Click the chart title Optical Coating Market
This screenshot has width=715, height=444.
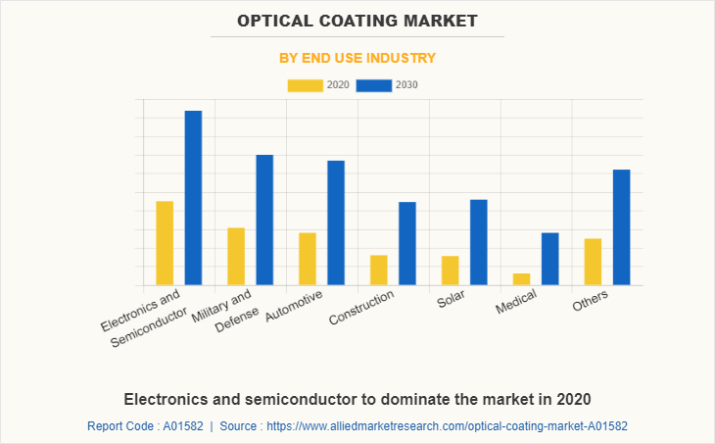click(x=357, y=20)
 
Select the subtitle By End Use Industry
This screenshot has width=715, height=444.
click(x=357, y=58)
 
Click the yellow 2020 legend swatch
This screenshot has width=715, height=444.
click(x=305, y=85)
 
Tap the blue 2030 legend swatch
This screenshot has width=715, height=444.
click(x=373, y=85)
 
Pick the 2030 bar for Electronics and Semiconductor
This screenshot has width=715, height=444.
click(x=193, y=198)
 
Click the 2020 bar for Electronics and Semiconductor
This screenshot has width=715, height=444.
click(x=165, y=243)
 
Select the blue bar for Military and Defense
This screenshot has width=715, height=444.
click(x=264, y=220)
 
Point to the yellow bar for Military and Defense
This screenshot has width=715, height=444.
click(x=236, y=257)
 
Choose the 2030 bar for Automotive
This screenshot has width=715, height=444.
click(x=336, y=222)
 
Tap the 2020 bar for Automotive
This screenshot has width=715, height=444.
click(x=308, y=259)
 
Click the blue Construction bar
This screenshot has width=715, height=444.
click(x=407, y=243)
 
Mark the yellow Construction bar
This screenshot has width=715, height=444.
click(x=379, y=271)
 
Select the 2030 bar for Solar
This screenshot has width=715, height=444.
click(x=479, y=242)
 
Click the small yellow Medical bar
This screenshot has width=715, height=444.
click(x=522, y=279)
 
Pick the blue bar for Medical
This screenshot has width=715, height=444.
click(x=550, y=259)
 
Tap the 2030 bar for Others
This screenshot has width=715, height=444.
click(x=622, y=227)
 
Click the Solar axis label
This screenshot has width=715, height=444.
click(x=452, y=299)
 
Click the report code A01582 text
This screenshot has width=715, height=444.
click(x=145, y=426)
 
